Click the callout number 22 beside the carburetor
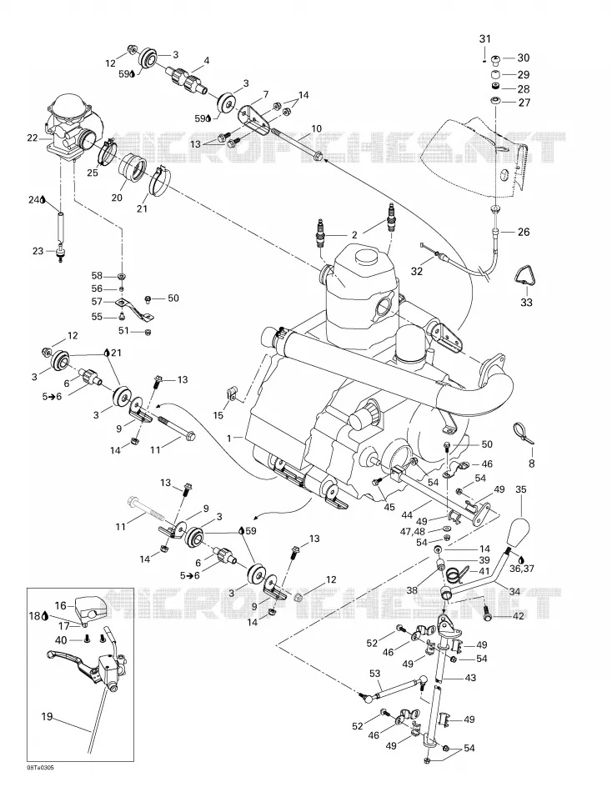pyautogui.click(x=32, y=138)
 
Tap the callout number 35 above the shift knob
pyautogui.click(x=521, y=489)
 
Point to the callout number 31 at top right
pyautogui.click(x=484, y=39)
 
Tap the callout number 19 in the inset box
pyautogui.click(x=47, y=716)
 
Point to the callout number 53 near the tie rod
pyautogui.click(x=374, y=674)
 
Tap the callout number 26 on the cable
pyautogui.click(x=524, y=232)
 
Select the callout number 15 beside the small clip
pyautogui.click(x=218, y=415)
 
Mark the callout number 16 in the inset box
pyautogui.click(x=60, y=605)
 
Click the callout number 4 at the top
pyautogui.click(x=206, y=61)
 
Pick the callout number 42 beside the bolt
pyautogui.click(x=519, y=616)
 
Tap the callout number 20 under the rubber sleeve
pyautogui.click(x=117, y=198)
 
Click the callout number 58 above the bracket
pyautogui.click(x=97, y=275)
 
